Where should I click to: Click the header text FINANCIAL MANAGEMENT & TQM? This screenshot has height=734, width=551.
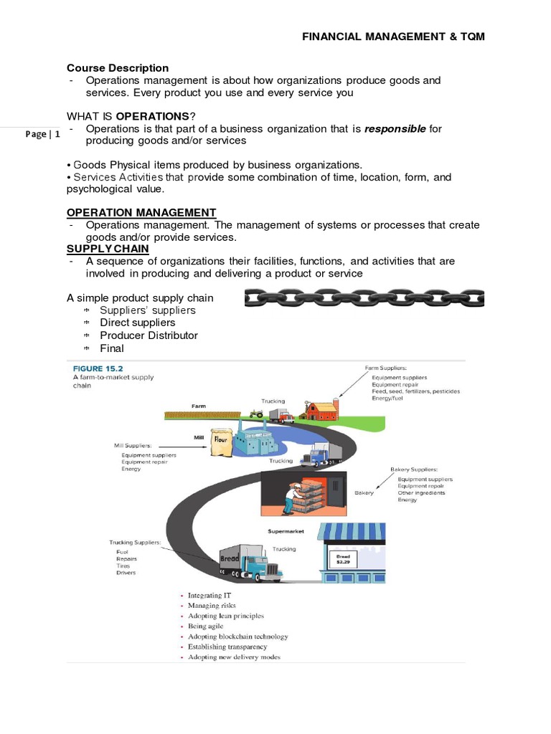point(393,37)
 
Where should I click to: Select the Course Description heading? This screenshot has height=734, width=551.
point(118,68)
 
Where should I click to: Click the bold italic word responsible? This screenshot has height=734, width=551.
point(395,129)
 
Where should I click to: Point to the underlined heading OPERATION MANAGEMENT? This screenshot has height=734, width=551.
point(141,212)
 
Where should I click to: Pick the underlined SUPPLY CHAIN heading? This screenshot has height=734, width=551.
point(108,249)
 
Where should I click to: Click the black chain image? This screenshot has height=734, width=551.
point(364,297)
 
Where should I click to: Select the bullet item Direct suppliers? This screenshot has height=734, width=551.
point(137,323)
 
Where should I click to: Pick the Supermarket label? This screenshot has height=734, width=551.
point(286,532)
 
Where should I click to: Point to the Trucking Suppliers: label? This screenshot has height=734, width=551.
point(134,543)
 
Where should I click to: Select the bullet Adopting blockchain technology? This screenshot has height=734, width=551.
point(237,637)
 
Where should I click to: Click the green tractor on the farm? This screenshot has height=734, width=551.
point(256,413)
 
